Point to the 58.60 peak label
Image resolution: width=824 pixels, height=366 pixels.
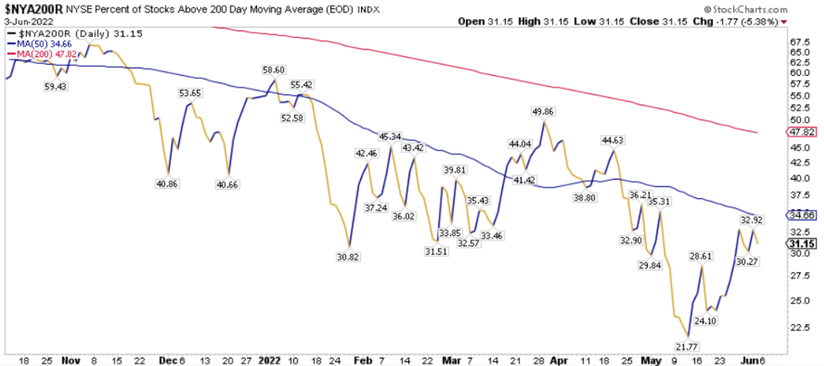tap(273, 69)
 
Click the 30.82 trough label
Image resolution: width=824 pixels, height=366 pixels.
tap(349, 256)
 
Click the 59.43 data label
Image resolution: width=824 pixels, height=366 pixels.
tap(56, 86)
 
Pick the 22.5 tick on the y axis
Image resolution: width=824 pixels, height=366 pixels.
tap(799, 327)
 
